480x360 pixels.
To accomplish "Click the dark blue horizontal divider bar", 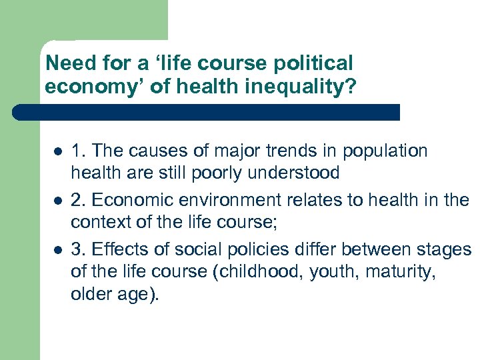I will coord(207,112).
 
